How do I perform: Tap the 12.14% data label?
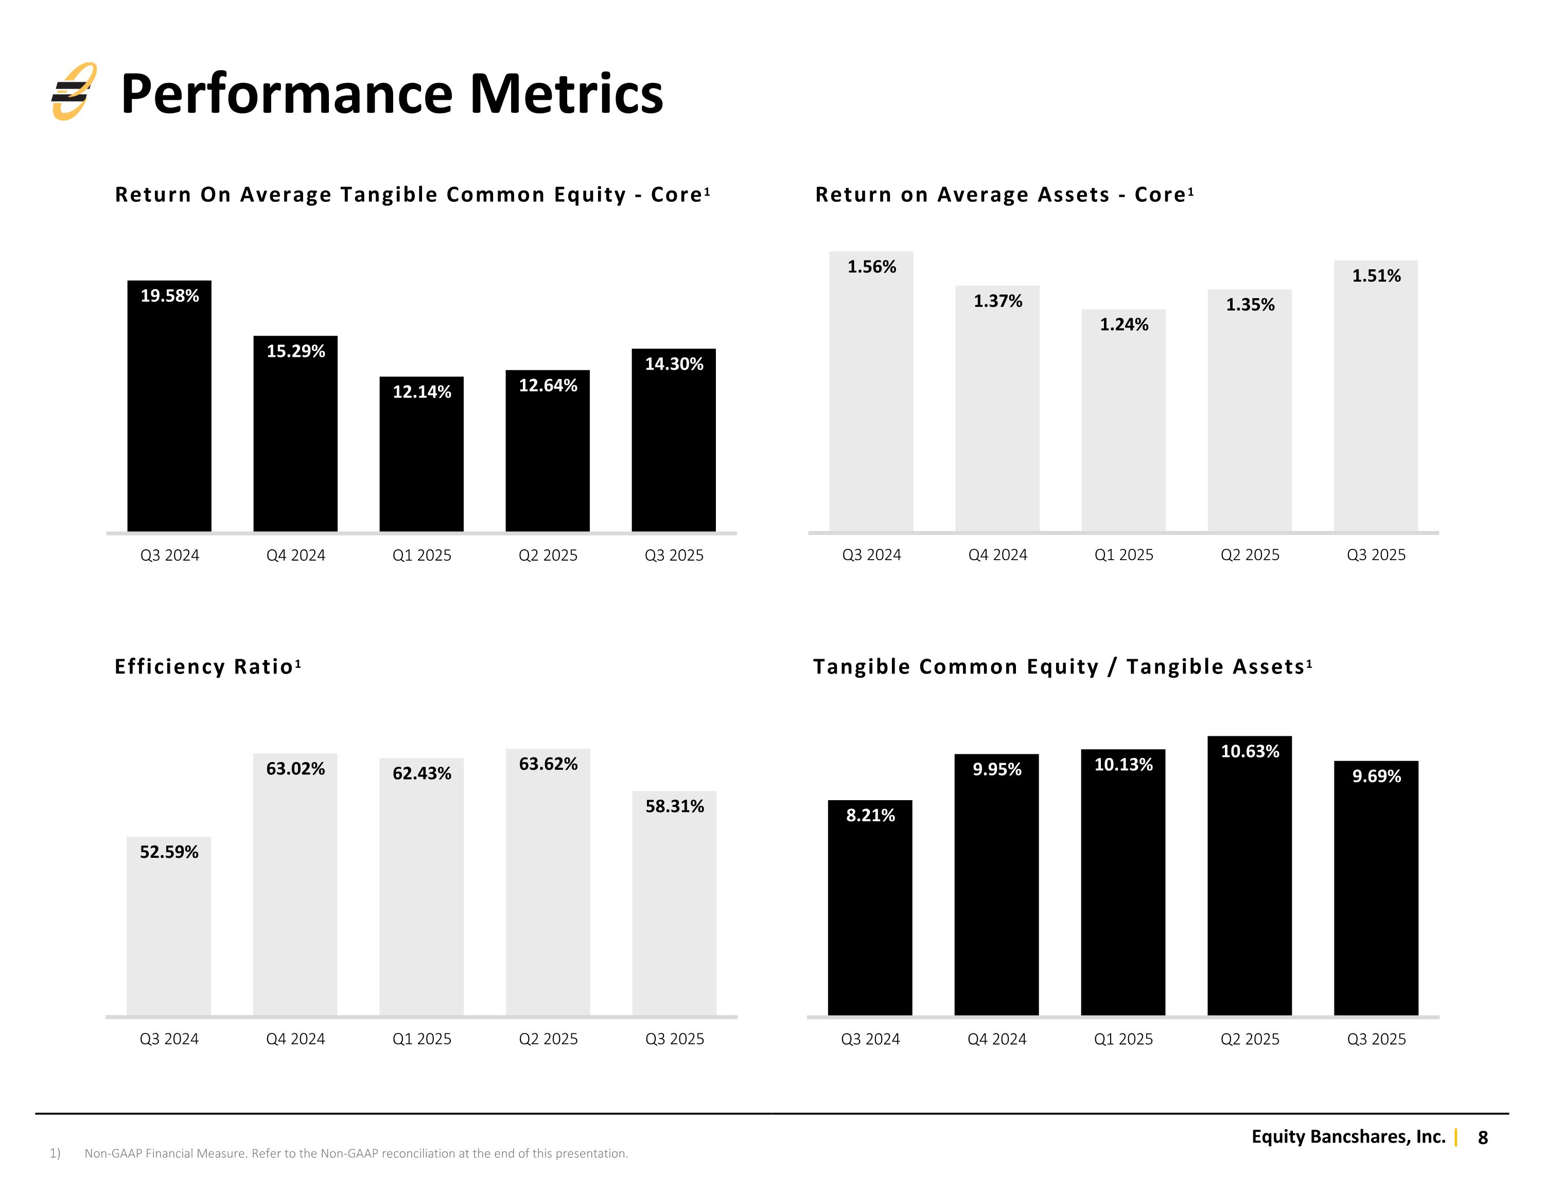pyautogui.click(x=422, y=392)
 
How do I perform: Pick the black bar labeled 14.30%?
pyautogui.click(x=674, y=440)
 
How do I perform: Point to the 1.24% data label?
pyautogui.click(x=1124, y=325)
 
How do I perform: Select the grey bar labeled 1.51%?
pyautogui.click(x=1376, y=396)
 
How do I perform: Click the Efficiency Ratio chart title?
pyautogui.click(x=208, y=666)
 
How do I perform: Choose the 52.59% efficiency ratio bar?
pyautogui.click(x=169, y=926)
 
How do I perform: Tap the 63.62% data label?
pyautogui.click(x=549, y=764)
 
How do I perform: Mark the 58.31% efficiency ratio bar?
pyautogui.click(x=674, y=903)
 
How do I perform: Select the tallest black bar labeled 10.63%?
pyautogui.click(x=1249, y=876)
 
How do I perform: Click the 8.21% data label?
pyautogui.click(x=870, y=816)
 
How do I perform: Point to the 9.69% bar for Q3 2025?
pyautogui.click(x=1376, y=889)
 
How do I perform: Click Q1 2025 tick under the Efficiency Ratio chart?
pyautogui.click(x=422, y=1039)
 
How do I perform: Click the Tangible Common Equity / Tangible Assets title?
pyautogui.click(x=1063, y=666)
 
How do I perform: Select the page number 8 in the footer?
pyautogui.click(x=1482, y=1137)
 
